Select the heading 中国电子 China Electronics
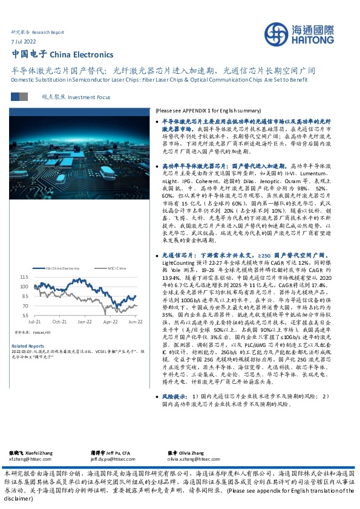point(54,54)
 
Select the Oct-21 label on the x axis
point(59,323)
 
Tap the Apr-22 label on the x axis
point(110,323)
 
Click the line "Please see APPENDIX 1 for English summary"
point(217,111)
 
